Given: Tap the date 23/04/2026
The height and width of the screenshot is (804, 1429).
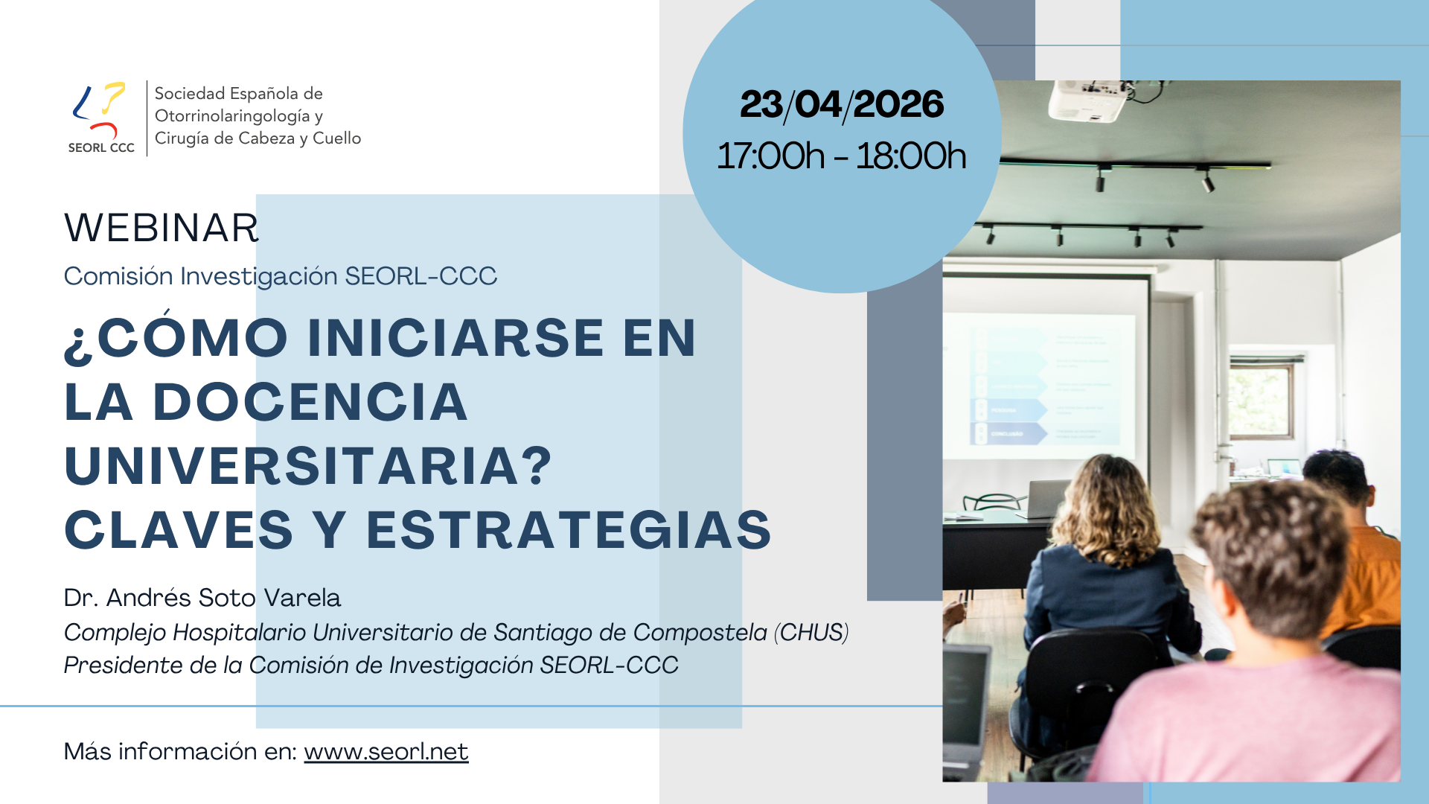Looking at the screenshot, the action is click(842, 104).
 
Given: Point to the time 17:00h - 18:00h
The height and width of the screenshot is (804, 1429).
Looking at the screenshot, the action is click(842, 156).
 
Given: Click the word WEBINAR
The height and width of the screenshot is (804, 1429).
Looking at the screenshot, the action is click(162, 228).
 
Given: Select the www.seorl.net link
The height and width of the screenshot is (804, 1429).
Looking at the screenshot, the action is click(386, 752).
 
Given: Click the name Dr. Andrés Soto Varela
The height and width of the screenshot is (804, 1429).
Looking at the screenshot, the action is click(202, 598).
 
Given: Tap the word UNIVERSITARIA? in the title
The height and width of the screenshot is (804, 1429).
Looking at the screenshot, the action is click(308, 466).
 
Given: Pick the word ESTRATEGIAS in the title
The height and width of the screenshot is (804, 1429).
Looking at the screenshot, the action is click(569, 530).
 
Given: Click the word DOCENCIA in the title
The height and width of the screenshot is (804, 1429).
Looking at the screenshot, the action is click(310, 402).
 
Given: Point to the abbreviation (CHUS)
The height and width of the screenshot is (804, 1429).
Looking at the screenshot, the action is click(811, 633).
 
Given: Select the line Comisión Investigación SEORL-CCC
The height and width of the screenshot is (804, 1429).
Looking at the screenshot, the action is click(281, 276).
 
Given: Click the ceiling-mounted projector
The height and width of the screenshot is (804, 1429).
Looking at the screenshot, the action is click(1087, 100).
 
